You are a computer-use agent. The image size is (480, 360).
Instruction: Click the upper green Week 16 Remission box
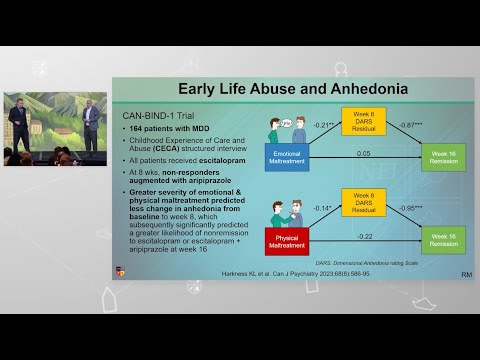pos(442,156)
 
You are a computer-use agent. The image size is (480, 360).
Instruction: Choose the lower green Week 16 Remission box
pos(442,241)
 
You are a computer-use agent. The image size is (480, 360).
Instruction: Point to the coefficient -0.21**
pos(322,126)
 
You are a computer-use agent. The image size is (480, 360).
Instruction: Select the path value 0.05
pos(363,153)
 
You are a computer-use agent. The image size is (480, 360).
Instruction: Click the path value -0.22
pos(363,237)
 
